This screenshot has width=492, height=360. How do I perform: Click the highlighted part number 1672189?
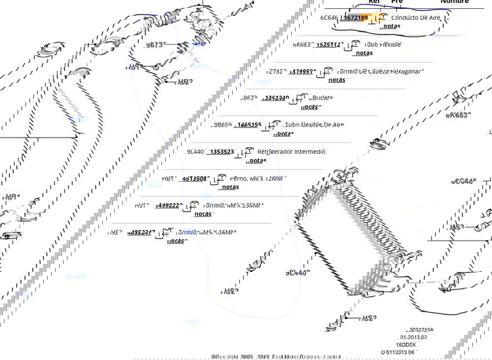(x=356, y=18)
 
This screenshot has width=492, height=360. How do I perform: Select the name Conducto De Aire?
(x=415, y=18)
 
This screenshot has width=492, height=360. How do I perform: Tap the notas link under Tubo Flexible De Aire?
(x=283, y=133)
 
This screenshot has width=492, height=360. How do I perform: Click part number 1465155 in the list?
(x=249, y=125)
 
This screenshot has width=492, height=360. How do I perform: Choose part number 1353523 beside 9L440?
(x=221, y=152)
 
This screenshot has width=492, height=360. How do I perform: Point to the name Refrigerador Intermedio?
(x=291, y=152)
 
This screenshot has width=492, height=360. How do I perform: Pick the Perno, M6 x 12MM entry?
(x=257, y=178)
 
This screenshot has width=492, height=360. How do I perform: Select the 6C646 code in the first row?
(x=329, y=18)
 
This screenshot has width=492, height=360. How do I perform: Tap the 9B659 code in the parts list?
(x=221, y=125)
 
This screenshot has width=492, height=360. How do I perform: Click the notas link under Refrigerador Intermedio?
(x=256, y=161)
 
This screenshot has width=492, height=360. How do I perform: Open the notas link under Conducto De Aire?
(x=391, y=26)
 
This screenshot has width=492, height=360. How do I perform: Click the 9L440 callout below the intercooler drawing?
(x=298, y=272)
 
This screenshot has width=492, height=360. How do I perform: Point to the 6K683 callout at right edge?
(x=458, y=115)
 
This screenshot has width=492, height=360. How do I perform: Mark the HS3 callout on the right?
(x=457, y=228)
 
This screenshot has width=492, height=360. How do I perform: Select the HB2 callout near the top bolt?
(x=184, y=82)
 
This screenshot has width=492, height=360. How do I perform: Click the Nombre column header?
(x=454, y=2)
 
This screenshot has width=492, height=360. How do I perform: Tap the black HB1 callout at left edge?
(x=12, y=197)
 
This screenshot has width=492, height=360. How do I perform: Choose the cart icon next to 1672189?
(x=381, y=18)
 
